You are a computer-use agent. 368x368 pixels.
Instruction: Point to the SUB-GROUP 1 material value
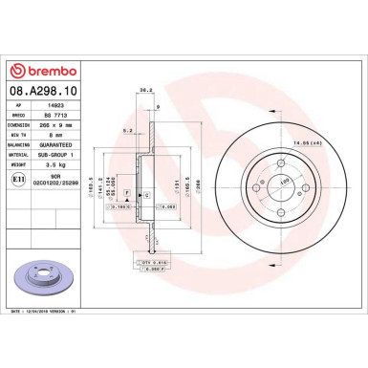82,151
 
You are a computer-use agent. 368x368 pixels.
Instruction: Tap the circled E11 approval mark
20,178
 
